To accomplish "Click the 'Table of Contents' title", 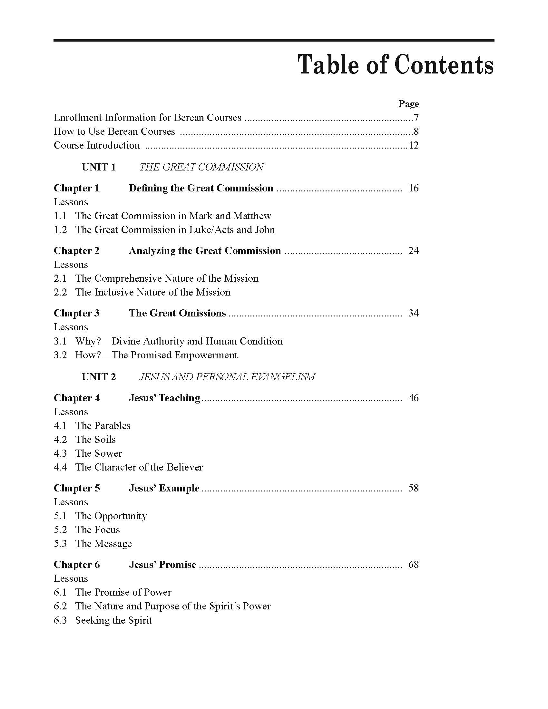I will click(x=396, y=64).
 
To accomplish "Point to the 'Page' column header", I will click(x=408, y=104).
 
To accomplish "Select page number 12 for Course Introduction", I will click(x=413, y=145).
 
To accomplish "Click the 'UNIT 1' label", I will click(x=99, y=167).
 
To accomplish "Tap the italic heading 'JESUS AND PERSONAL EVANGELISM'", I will click(x=227, y=377).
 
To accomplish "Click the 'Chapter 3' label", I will click(x=77, y=313).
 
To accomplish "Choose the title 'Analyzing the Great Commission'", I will click(x=205, y=251).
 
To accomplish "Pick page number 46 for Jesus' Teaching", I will click(x=413, y=398).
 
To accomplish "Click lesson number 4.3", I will click(x=60, y=453).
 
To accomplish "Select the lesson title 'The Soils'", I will click(x=95, y=440).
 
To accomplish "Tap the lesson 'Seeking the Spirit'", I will click(x=113, y=620).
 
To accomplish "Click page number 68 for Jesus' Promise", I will click(x=413, y=565).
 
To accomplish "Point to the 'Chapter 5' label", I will click(x=77, y=488).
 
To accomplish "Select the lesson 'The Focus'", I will click(x=97, y=530).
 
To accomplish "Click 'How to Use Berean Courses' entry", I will click(x=114, y=131).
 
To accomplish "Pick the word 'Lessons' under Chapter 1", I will click(x=71, y=202).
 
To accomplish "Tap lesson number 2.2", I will click(x=60, y=292).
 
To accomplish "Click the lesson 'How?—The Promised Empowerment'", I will click(x=156, y=355).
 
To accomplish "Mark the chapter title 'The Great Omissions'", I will click(x=177, y=313).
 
